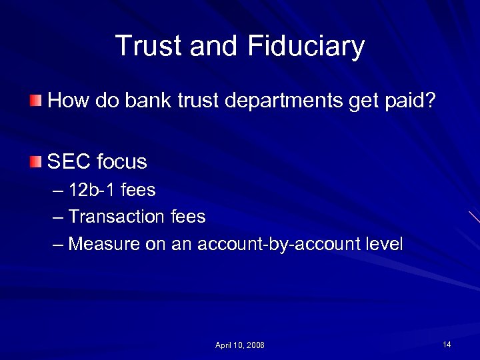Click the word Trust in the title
(149, 46)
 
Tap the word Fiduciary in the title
(305, 47)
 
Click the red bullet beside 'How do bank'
(35, 101)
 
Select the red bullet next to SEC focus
(35, 161)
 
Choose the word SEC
(69, 161)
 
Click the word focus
(121, 161)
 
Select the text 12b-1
(92, 191)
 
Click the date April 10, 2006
(239, 345)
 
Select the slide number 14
(447, 344)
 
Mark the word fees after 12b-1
(138, 191)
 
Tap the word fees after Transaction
(187, 217)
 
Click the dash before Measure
(57, 245)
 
